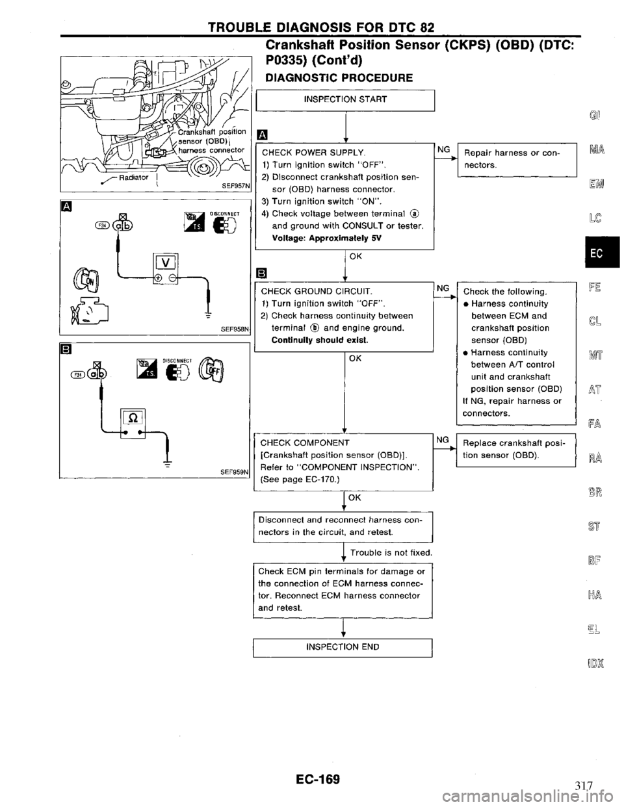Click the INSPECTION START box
(344, 99)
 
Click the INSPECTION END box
(344, 647)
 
